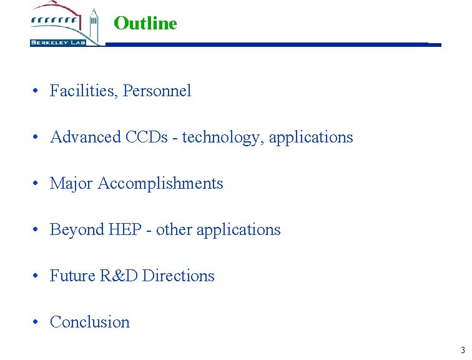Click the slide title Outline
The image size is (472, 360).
(145, 24)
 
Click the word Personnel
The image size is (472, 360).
(157, 91)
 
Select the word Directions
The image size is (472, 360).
(179, 276)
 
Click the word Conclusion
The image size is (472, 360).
(90, 322)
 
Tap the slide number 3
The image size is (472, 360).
(462, 350)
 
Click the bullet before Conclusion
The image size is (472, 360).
(38, 322)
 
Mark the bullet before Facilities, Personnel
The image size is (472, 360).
(38, 91)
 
